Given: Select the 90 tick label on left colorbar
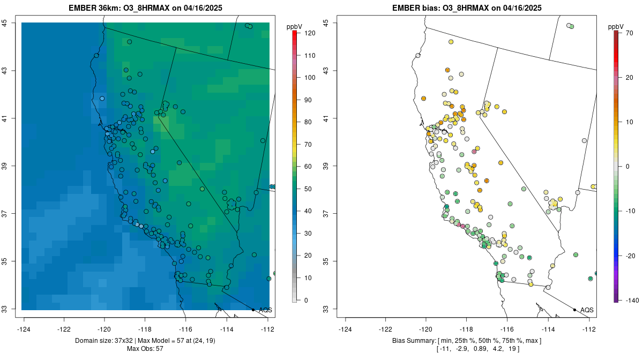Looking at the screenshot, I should pos(310,100).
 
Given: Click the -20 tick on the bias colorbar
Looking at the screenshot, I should pos(631,256).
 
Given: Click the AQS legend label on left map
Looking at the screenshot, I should pos(265,310).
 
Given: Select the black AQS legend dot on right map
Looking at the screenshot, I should pos(574,310).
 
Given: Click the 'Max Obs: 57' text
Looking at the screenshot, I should pos(145,349).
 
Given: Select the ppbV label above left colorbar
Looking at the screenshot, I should pos(294,26).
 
